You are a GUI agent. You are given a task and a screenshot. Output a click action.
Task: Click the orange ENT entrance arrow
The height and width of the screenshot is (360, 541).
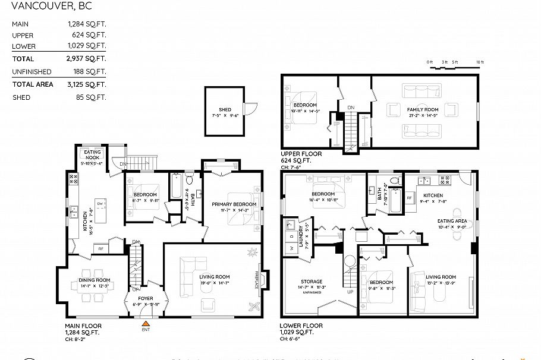(146, 324)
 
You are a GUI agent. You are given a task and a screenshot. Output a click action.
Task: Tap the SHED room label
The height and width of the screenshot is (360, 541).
(225, 109)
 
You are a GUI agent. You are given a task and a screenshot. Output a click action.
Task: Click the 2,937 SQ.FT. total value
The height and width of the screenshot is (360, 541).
(86, 59)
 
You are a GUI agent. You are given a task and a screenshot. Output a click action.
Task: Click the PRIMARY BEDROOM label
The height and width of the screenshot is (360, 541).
(234, 204)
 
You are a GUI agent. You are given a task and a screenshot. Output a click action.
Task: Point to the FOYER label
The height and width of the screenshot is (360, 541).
(146, 299)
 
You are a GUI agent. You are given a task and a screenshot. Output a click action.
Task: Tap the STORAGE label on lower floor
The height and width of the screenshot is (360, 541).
(311, 282)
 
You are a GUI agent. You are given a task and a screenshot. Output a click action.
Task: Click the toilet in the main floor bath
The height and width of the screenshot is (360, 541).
(190, 180)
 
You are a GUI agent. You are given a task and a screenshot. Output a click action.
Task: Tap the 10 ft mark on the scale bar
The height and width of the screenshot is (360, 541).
(480, 62)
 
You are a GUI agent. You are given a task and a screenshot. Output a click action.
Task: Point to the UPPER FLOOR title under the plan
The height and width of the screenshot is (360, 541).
(301, 154)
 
